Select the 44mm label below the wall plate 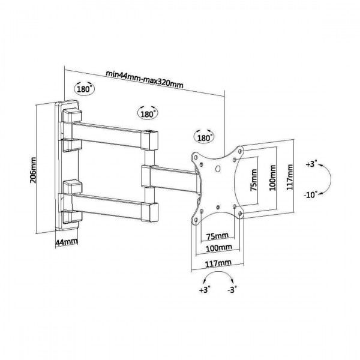pos(67,242)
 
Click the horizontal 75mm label pos(217,236)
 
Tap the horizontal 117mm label pos(219,262)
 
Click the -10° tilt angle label pos(311,194)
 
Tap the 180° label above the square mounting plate pos(205,137)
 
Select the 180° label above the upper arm pos(148,113)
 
